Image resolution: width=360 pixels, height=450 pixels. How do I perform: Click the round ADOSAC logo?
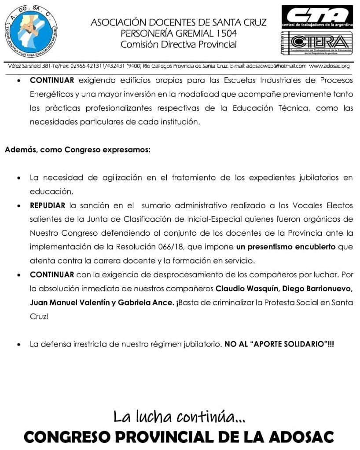click(x=32, y=31)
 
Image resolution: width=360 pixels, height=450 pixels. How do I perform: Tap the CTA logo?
click(x=317, y=16)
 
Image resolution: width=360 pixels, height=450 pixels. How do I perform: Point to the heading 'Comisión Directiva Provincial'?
click(x=179, y=44)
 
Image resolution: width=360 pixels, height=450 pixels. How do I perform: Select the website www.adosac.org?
click(x=330, y=66)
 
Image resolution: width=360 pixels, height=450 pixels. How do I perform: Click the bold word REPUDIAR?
click(x=48, y=205)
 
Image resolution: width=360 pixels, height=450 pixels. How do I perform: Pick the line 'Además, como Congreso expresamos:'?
click(x=78, y=150)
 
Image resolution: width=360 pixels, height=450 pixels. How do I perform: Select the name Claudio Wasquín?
click(x=241, y=289)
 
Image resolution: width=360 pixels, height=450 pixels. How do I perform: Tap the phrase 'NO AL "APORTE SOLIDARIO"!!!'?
click(x=279, y=344)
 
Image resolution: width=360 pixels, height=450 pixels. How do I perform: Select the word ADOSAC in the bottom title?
click(x=301, y=437)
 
